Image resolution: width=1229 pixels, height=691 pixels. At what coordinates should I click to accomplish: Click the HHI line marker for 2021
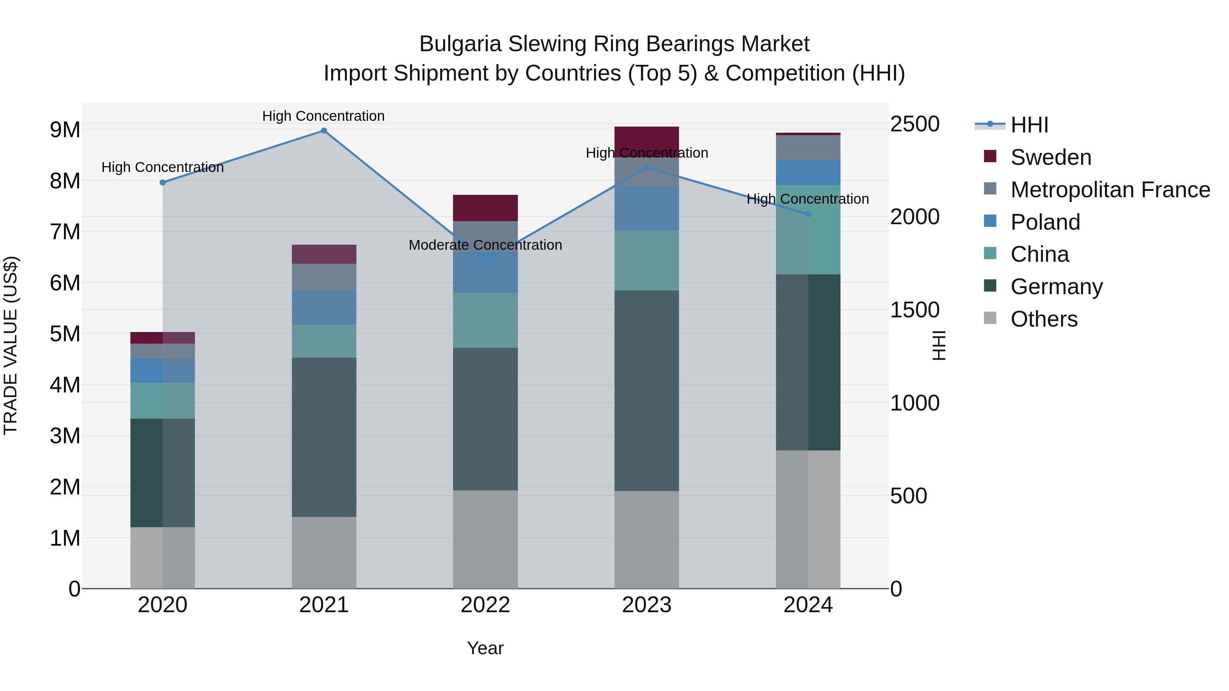click(324, 131)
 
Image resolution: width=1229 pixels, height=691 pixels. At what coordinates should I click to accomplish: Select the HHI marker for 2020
click(163, 182)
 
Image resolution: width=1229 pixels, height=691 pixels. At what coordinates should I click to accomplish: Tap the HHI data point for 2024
click(808, 214)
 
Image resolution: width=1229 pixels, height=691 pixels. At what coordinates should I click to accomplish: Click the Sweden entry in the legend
click(1050, 157)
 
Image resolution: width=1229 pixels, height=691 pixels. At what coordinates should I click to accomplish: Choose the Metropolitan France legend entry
click(1110, 190)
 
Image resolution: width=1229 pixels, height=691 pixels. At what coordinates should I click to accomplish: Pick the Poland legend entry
click(1045, 222)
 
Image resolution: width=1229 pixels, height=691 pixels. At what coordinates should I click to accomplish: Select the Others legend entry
click(1044, 319)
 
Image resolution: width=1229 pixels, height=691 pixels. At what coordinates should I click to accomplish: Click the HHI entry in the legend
click(1029, 125)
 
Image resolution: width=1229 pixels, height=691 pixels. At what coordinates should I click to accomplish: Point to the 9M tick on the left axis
click(65, 130)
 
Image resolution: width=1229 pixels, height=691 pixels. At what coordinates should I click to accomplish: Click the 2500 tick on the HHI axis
click(915, 124)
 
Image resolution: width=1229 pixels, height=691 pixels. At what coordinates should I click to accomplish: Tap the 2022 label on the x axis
click(485, 605)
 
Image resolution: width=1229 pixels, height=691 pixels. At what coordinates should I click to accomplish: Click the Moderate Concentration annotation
click(485, 245)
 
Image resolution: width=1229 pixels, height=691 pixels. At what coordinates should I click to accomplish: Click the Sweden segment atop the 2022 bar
click(485, 208)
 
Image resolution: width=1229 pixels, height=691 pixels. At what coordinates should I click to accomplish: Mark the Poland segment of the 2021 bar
click(324, 307)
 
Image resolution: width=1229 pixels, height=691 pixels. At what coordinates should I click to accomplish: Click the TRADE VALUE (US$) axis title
click(11, 345)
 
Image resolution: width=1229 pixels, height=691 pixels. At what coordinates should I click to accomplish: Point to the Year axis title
click(485, 648)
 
